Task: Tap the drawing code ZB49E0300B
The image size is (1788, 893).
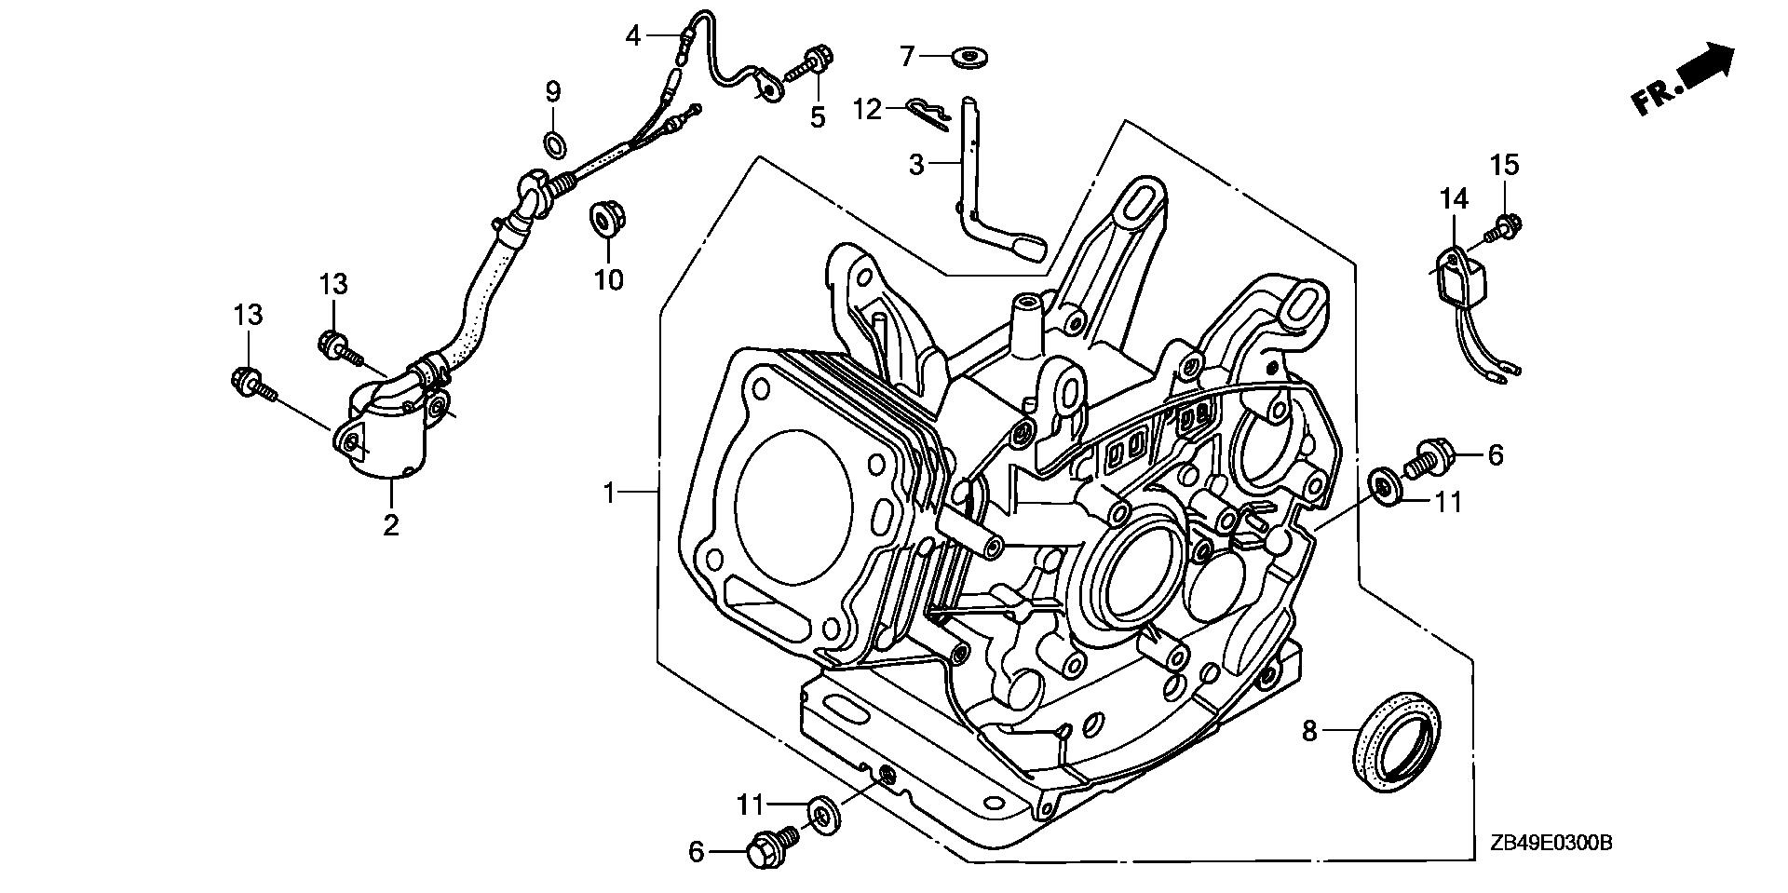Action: [x=1545, y=844]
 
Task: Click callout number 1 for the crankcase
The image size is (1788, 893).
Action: [x=610, y=492]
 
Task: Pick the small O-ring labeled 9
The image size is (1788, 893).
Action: [x=553, y=143]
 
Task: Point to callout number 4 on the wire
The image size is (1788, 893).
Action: [x=633, y=36]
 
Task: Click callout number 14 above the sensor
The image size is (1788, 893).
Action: [x=1454, y=198]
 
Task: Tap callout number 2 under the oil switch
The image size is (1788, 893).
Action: [x=391, y=524]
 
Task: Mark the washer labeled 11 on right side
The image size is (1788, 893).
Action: [x=1387, y=486]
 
